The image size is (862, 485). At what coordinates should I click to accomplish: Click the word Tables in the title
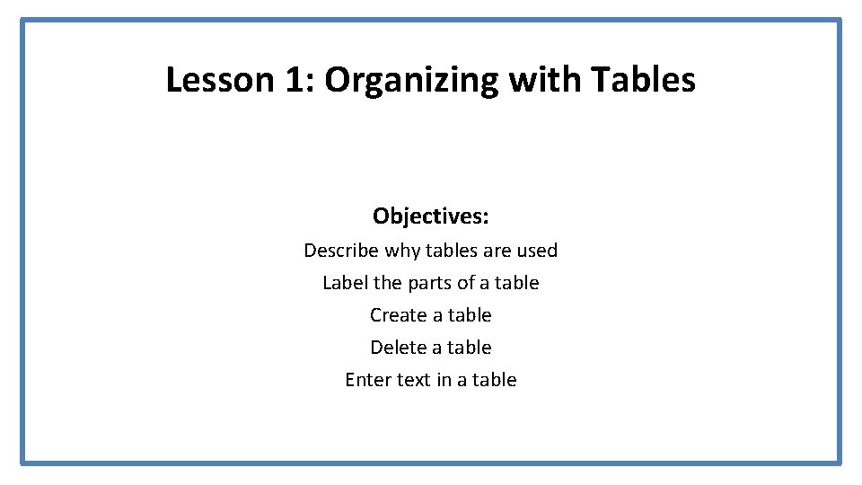tap(643, 80)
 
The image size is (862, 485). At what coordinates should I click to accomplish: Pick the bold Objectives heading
tap(431, 216)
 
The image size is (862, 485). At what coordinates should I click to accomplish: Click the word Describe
tap(340, 251)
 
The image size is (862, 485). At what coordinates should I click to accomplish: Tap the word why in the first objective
tap(401, 251)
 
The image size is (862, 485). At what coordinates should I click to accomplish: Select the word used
tap(537, 251)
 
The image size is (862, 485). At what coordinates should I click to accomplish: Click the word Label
tap(345, 283)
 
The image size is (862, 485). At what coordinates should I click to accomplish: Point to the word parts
tap(430, 283)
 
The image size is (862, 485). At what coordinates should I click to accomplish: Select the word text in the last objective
tap(414, 380)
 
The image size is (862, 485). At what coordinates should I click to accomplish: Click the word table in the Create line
tap(470, 315)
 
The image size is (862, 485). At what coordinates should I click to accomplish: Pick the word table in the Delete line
tap(470, 348)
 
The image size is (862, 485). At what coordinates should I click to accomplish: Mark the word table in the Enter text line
tap(495, 380)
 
